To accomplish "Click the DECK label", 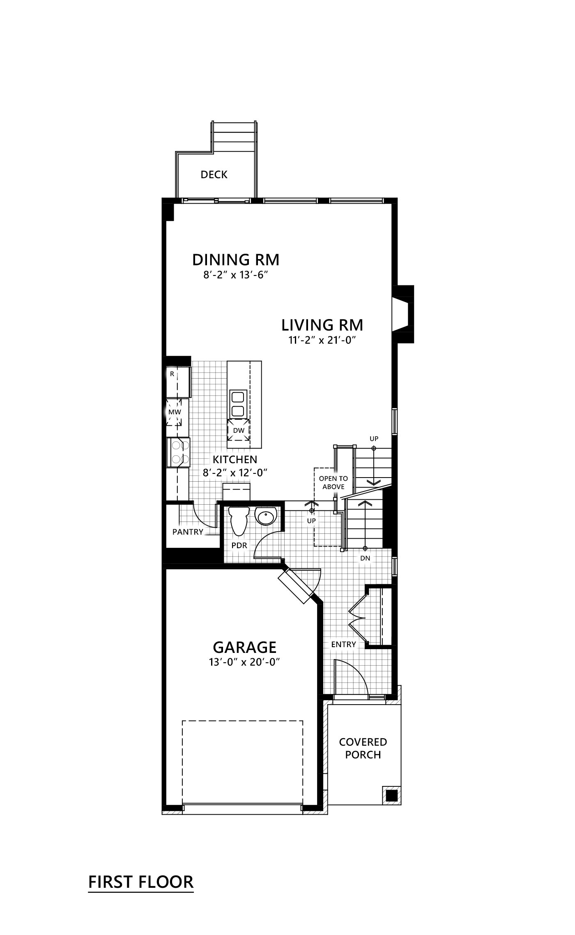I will pos(214,175).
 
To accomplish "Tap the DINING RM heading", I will pos(236,260).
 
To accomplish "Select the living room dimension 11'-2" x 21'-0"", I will pos(322,340).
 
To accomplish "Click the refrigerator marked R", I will pos(177,380).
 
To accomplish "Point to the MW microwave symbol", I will pos(175,412).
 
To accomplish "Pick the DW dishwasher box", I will pos(239,430).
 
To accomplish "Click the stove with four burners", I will pos(178,452).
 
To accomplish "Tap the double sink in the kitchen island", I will pos(238,404).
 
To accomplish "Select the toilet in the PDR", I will pos(239,520).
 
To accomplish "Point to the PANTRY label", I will pos(188,532).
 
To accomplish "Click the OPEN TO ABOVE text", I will pos(333,482).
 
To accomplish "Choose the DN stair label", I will pos(365,558).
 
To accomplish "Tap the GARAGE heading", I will pos(244,648).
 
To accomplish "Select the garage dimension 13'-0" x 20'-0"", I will pos(244,662).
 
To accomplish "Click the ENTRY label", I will pos(343,644).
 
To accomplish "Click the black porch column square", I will pos(391,795).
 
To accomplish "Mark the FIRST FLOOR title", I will pos(141,882).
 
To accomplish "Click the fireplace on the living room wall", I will pos(403,314).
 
